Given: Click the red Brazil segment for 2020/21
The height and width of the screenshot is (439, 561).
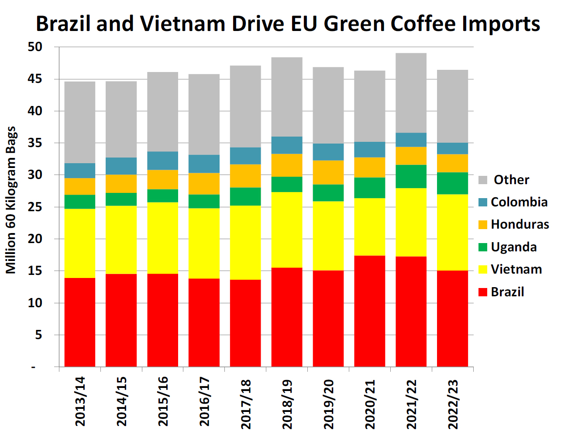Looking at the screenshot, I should click(x=369, y=311).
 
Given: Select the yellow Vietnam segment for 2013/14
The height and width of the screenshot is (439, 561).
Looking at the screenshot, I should click(x=80, y=243).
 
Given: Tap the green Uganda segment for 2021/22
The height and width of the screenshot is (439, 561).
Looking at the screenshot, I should click(x=411, y=176).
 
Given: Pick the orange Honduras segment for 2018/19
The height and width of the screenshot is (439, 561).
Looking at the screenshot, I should click(x=287, y=165).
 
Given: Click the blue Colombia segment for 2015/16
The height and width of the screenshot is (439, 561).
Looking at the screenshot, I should click(x=162, y=161).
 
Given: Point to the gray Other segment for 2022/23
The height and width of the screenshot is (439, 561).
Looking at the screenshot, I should click(x=452, y=106).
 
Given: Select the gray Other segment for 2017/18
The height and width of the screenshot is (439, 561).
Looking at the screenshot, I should click(x=245, y=106).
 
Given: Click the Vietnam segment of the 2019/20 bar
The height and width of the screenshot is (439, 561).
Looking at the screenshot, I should click(x=328, y=236).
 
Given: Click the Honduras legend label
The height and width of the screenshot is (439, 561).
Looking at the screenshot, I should click(x=520, y=224).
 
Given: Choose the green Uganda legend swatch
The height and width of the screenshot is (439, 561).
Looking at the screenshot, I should click(x=483, y=247).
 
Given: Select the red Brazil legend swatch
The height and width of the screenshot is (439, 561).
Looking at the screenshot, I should click(x=483, y=292).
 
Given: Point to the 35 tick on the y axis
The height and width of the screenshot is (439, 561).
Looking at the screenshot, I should click(x=35, y=143).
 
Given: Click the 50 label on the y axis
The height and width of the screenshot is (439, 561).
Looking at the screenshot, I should click(x=35, y=47).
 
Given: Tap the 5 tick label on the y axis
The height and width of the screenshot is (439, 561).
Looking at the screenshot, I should click(x=39, y=335).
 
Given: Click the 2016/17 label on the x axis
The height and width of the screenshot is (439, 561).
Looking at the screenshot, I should click(x=204, y=401).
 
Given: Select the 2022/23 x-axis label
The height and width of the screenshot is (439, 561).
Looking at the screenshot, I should click(x=453, y=404).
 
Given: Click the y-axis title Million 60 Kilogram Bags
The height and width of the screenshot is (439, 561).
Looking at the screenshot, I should click(x=11, y=200).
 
